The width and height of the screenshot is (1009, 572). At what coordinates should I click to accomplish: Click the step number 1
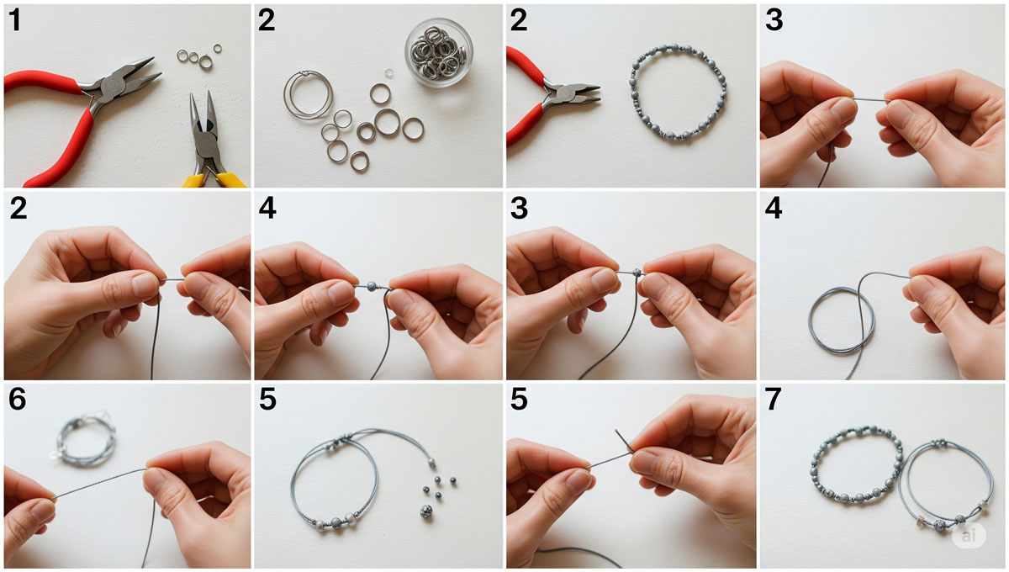point(15,21)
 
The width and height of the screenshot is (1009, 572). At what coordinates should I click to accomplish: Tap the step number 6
point(17,400)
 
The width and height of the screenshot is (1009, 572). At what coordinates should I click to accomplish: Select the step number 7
point(773,400)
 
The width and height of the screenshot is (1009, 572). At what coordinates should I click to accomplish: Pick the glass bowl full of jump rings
point(439,52)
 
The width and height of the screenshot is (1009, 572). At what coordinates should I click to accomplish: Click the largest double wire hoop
point(308,95)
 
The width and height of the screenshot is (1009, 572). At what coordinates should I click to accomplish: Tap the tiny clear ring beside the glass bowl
point(388,72)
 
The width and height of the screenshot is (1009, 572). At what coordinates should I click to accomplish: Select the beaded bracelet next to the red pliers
point(678,92)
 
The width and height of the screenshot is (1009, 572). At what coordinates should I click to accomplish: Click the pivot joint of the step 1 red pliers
point(110,86)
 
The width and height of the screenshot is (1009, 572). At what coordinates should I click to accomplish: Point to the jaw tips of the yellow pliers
point(201,95)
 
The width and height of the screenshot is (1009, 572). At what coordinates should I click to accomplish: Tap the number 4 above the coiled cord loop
point(774,209)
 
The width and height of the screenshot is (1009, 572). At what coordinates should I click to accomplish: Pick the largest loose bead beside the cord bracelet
point(425,511)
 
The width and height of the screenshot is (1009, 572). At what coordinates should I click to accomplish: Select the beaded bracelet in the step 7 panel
point(856,464)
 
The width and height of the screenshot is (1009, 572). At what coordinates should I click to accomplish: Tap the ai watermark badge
point(969,536)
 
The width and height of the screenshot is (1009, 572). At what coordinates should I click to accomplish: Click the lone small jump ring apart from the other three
point(218,48)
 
